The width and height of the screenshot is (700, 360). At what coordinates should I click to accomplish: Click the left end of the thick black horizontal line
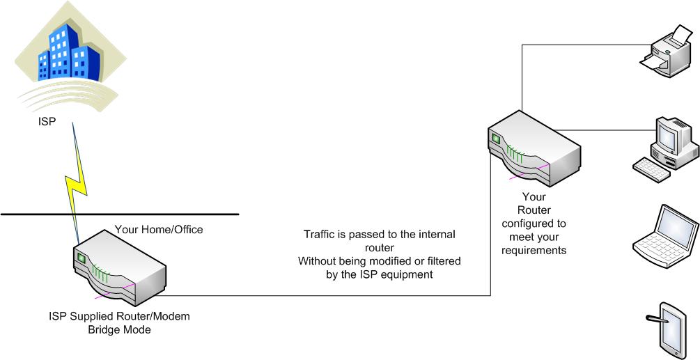[1, 214]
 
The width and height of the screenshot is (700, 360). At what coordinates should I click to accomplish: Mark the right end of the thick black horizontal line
[239, 214]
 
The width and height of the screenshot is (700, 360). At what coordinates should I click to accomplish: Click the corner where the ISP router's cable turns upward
[490, 295]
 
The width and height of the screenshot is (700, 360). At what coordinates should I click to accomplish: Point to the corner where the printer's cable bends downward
[522, 45]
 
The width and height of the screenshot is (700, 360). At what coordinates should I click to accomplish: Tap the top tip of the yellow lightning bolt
[72, 123]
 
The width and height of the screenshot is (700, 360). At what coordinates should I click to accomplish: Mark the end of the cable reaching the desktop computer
[655, 130]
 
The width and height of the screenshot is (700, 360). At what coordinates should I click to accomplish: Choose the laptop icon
[664, 236]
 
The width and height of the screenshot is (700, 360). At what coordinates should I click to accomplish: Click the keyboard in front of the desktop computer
[651, 170]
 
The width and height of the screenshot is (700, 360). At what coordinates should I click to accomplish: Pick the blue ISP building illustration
[69, 54]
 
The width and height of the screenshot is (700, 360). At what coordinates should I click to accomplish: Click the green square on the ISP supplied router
[81, 258]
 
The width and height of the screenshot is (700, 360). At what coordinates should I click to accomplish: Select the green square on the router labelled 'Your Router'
[496, 139]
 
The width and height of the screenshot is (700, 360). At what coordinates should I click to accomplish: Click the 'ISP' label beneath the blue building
[47, 121]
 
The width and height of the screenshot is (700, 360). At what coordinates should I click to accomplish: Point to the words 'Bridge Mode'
[119, 330]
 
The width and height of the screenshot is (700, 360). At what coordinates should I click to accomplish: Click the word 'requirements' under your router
[534, 250]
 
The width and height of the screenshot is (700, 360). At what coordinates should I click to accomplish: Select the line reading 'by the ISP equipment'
[380, 274]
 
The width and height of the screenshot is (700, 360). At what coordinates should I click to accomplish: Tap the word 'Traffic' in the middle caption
[319, 234]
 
